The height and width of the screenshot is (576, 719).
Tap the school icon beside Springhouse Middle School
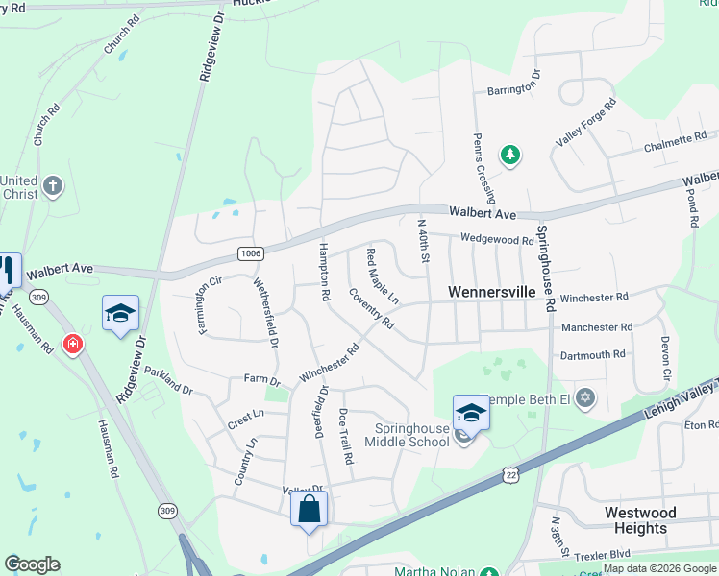click(x=471, y=413)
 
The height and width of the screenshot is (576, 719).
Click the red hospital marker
click(x=72, y=344)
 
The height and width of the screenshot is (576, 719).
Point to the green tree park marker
click(x=509, y=155)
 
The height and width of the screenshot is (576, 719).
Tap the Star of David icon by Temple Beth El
click(x=583, y=397)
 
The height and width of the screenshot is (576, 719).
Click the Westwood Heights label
click(x=640, y=520)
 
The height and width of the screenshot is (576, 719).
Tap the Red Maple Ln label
click(x=382, y=277)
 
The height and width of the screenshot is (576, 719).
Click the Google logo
click(x=32, y=564)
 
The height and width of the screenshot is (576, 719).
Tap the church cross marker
click(x=53, y=185)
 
